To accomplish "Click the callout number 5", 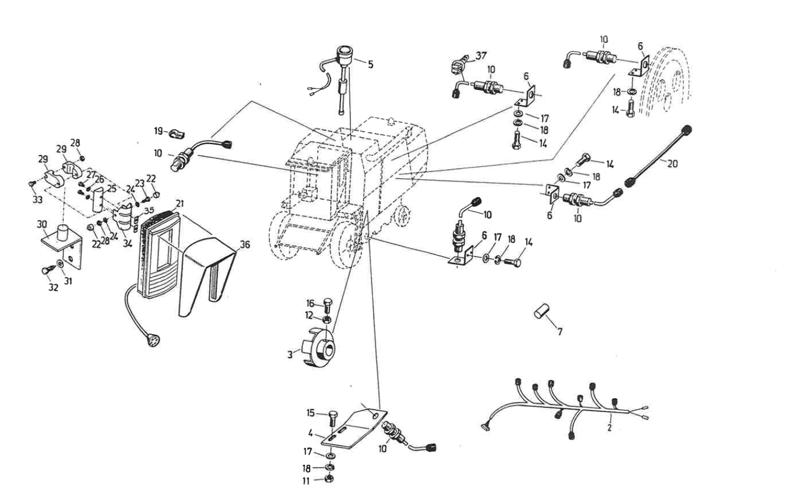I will pos(371,64).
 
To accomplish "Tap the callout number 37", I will pos(481,56).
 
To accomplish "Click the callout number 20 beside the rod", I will pos(672,164).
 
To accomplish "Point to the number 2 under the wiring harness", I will pos(609,428).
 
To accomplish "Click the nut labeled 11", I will pos(329,480).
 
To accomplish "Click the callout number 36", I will pos(245,245).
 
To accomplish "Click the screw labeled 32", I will pos(46,270).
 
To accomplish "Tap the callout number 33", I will pos(37,200).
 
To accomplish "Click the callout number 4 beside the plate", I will pos(310,434).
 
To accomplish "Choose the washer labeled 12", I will pos(326,319).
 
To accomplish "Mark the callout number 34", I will pos(128,244).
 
